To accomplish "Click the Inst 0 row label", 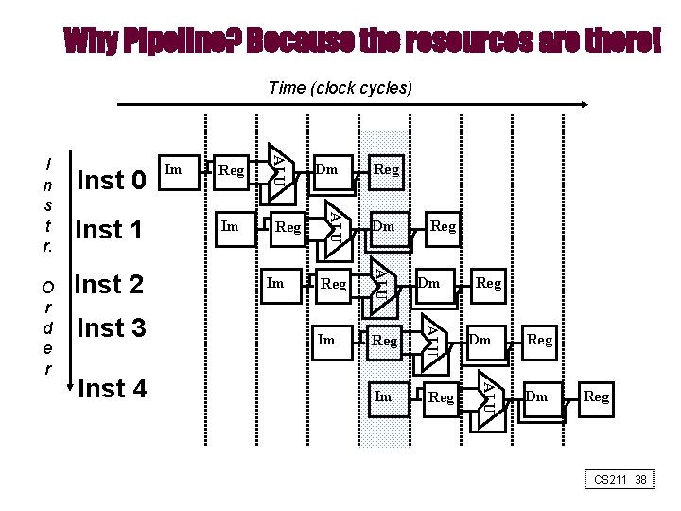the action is tap(112, 179).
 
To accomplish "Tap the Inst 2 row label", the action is tap(109, 284).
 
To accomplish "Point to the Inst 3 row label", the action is tap(112, 328).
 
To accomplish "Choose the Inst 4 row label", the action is tap(113, 388).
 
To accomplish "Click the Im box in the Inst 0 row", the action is tap(175, 170).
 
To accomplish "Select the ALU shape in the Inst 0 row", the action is tap(280, 171).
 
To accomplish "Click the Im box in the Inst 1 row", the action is tap(231, 227).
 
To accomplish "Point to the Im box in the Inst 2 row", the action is tap(277, 283).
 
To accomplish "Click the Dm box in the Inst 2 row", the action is tap(430, 283).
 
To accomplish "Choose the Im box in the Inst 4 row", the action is tap(384, 396).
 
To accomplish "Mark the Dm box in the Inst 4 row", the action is tap(538, 397).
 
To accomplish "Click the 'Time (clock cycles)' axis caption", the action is tap(340, 88).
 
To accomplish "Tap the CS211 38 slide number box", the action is tap(620, 480).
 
